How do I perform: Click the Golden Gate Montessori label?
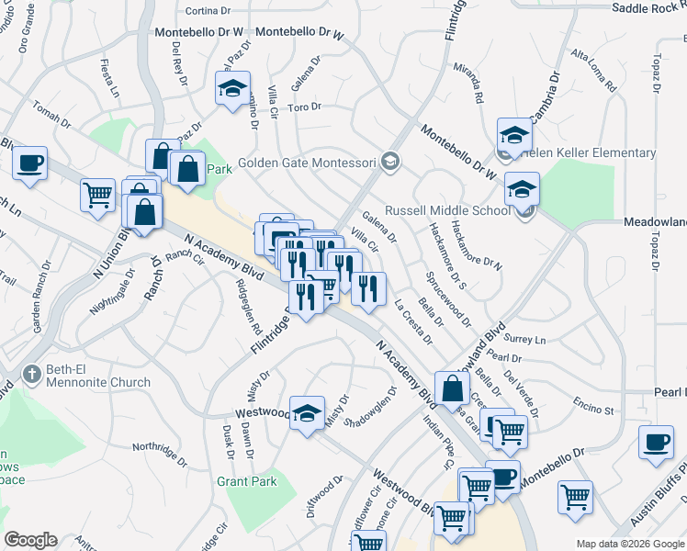(307, 163)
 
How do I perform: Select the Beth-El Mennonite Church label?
(98, 376)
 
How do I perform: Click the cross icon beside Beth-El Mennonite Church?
(32, 375)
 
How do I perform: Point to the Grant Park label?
(246, 481)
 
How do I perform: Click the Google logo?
(30, 540)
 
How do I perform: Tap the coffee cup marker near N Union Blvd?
(30, 163)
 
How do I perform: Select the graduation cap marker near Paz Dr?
(233, 88)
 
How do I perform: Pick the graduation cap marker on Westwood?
(307, 412)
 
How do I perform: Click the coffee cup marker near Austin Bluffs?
(657, 442)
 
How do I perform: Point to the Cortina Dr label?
(208, 11)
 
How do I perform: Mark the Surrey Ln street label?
(527, 339)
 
